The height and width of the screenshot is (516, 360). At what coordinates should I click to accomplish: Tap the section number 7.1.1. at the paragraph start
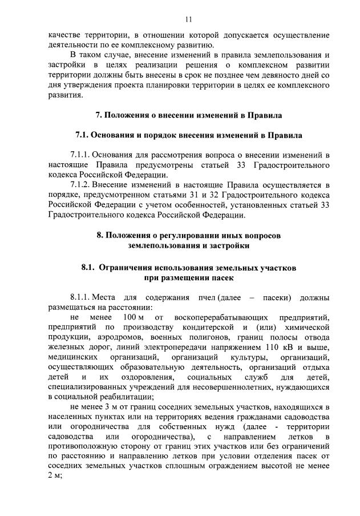pos(79,155)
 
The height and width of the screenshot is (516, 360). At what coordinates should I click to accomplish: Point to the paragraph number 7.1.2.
pos(79,186)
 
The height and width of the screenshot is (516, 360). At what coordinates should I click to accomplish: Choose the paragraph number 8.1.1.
pos(79,297)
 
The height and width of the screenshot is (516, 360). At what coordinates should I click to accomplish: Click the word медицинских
pos(71,357)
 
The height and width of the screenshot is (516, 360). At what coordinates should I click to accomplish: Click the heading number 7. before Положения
pos(98,115)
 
